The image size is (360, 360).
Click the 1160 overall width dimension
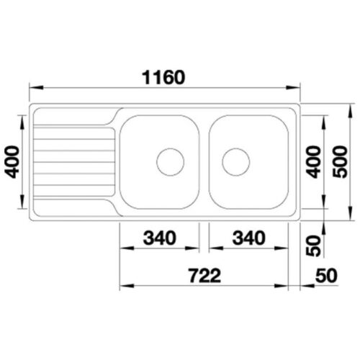coord(163,78)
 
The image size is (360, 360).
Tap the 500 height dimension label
coord(341,162)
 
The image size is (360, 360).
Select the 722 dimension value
coord(204,276)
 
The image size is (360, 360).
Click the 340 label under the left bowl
coord(160,238)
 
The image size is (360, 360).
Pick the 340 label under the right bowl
coord(249,238)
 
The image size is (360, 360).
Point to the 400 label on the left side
coord(12,162)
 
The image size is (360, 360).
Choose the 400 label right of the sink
coord(314,162)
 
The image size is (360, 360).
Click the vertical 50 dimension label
coord(314,246)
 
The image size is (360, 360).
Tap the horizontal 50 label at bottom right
coord(326,276)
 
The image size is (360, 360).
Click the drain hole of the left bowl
coord(170,162)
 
